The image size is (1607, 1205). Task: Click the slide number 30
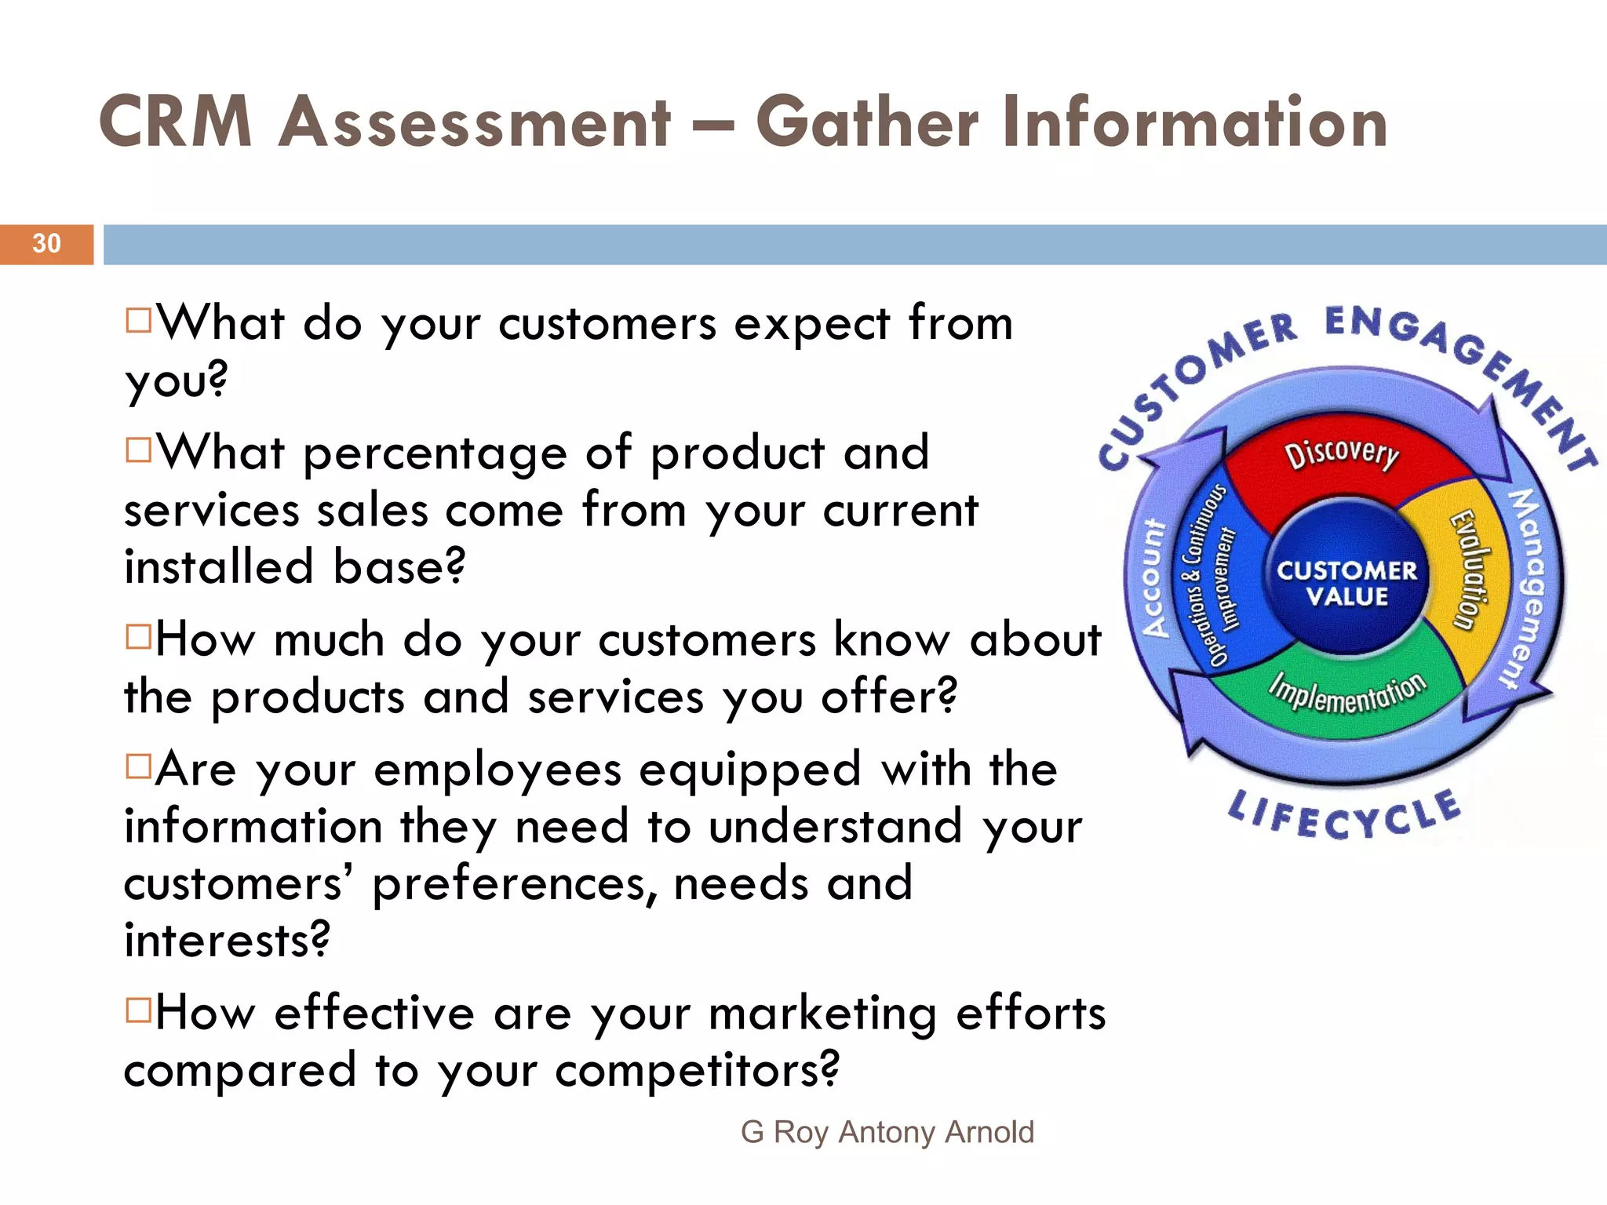46,243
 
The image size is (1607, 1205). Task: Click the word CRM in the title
176,122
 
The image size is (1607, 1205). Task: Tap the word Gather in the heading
867,123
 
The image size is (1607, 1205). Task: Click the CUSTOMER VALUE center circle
1346,583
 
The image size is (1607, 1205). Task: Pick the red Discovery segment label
1342,453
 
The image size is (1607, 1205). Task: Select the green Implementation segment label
1347,693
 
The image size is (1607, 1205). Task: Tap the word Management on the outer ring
1526,588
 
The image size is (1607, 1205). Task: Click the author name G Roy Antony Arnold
887,1132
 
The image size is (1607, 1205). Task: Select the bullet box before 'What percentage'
138,450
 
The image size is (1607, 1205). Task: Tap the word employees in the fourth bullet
497,770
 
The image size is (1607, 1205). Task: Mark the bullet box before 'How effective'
138,1010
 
